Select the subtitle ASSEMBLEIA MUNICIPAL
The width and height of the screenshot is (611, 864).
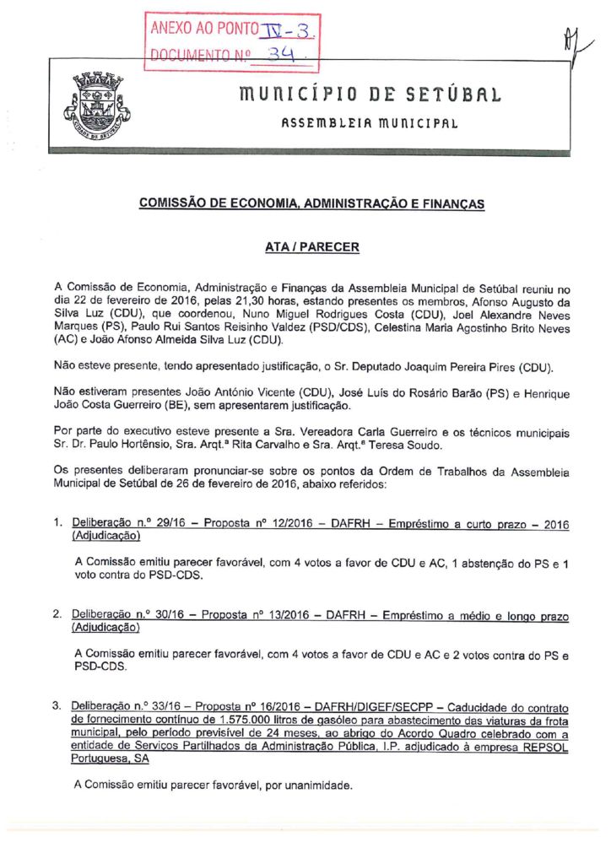click(x=370, y=123)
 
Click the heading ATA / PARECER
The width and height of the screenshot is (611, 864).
click(x=311, y=247)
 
